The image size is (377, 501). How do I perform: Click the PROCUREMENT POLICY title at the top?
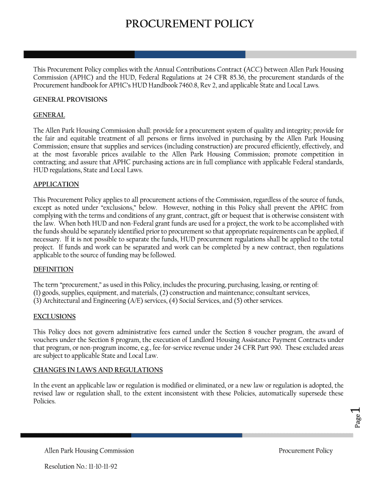pyautogui.click(x=189, y=24)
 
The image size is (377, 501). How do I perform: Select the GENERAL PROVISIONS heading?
pyautogui.click(x=70, y=99)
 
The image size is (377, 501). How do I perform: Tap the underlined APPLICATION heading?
pyautogui.click(x=56, y=184)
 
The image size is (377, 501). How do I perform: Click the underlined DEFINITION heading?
pyautogui.click(x=53, y=270)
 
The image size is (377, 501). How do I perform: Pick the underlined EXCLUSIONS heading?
pyautogui.click(x=54, y=317)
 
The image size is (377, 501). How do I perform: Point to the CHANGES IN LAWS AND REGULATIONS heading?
pyautogui.click(x=98, y=370)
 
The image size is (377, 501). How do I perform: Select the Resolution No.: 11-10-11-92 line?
pyautogui.click(x=81, y=466)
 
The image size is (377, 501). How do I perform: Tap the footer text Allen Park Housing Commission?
pyautogui.click(x=89, y=451)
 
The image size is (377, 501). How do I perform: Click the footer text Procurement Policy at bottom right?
pyautogui.click(x=306, y=451)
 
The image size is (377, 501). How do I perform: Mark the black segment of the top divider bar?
pyautogui.click(x=79, y=54)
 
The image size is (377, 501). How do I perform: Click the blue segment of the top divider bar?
pyautogui.click(x=190, y=54)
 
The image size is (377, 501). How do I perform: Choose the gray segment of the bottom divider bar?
pyautogui.click(x=299, y=435)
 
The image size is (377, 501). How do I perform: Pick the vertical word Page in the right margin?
pyautogui.click(x=358, y=421)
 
